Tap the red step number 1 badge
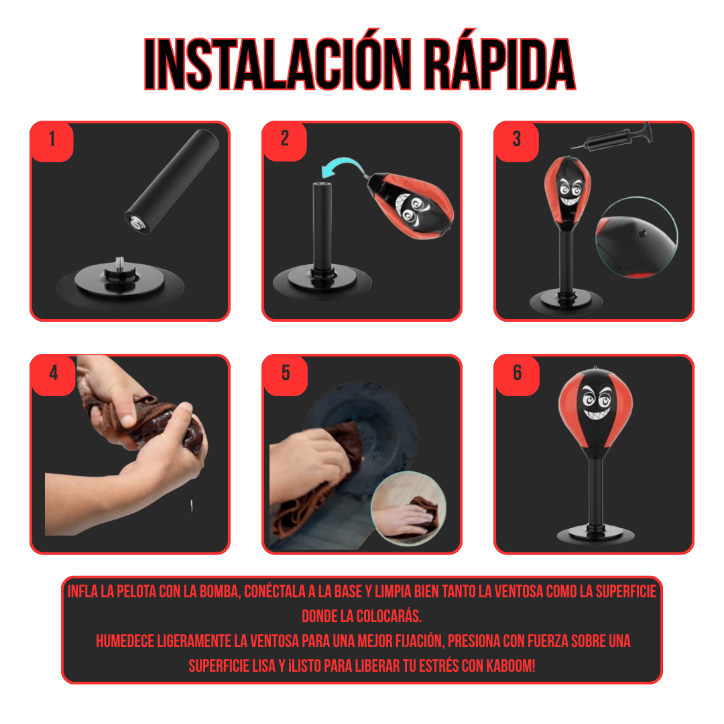52,141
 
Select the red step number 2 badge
284,141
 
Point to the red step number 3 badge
517,141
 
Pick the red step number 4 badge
53,375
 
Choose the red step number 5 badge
286,375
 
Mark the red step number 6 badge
518,375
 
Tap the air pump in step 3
612,138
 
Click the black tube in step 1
172,182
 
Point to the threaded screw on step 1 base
119,263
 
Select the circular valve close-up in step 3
637,237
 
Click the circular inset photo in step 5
409,507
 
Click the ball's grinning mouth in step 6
596,412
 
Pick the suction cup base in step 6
595,535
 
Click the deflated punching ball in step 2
410,206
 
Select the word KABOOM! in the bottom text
511,666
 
